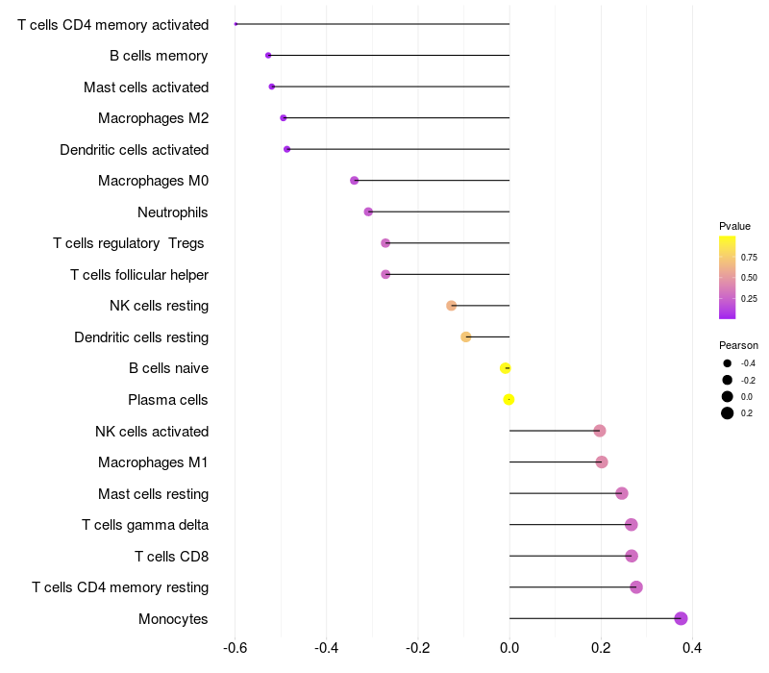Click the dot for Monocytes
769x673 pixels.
pos(681,618)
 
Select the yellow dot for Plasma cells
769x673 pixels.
pos(509,400)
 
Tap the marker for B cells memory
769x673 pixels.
pos(268,56)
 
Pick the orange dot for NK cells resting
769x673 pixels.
pos(451,306)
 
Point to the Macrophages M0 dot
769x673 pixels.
pos(354,181)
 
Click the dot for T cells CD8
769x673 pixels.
pos(632,556)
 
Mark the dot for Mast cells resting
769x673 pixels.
pos(621,493)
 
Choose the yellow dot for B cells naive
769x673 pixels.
pos(506,368)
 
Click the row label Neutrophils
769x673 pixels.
pos(173,212)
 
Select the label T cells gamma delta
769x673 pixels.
pos(145,525)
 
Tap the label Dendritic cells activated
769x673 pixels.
pos(135,150)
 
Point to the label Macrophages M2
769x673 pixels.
pos(154,118)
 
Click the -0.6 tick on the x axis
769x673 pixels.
pos(235,648)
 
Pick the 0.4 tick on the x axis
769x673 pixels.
pos(692,648)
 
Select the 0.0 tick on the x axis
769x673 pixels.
pos(509,648)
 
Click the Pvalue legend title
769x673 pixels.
pos(734,226)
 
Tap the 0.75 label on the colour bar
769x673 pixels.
pos(749,258)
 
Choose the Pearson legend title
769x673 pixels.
pos(738,345)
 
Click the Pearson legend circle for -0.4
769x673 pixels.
pos(728,363)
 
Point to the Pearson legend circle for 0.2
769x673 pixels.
pos(728,413)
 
